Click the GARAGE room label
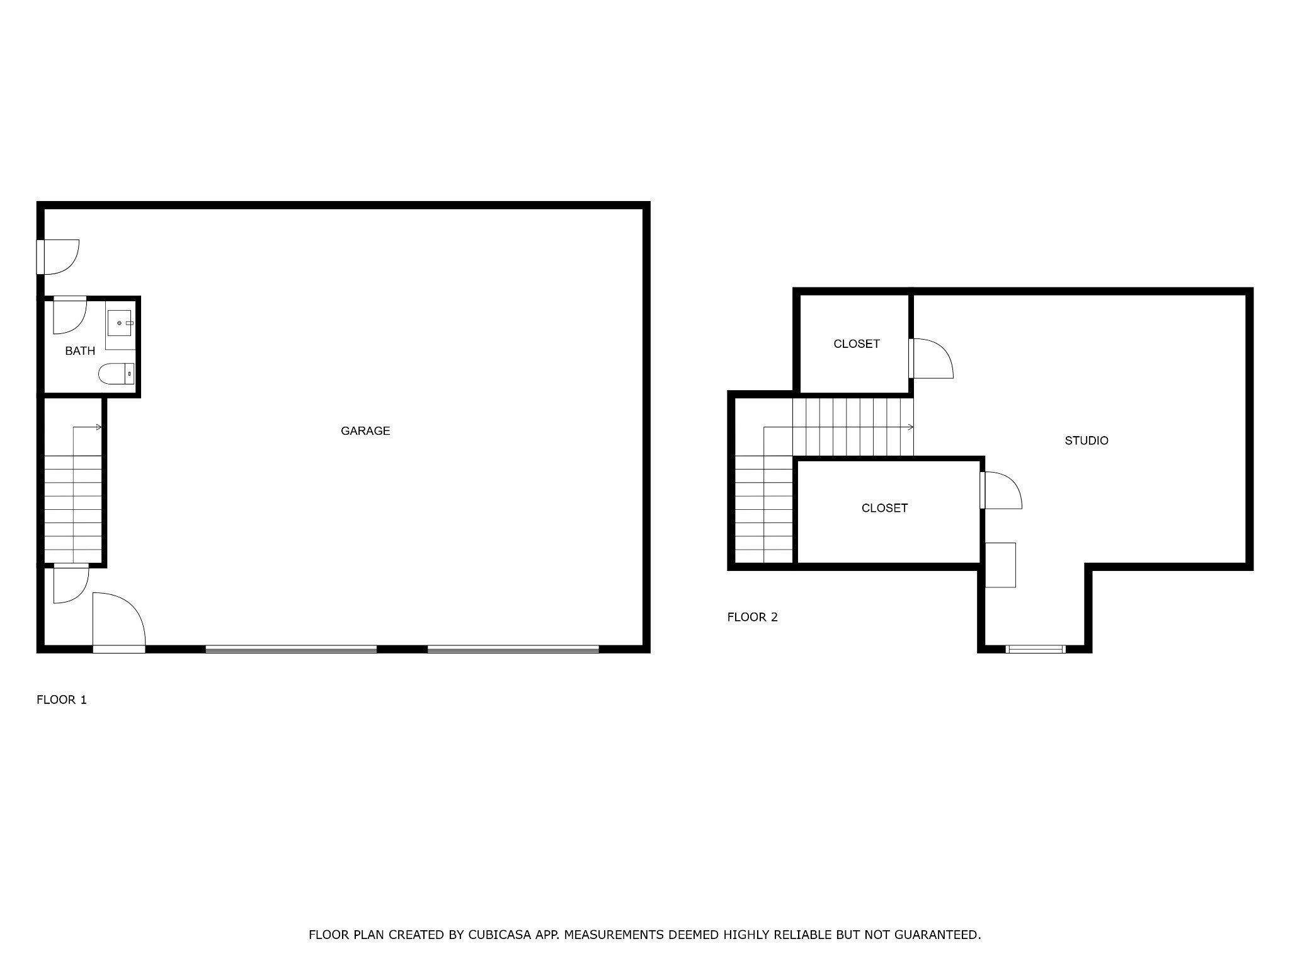[x=365, y=431]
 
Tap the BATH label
[x=80, y=351]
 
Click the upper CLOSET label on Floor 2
[x=856, y=344]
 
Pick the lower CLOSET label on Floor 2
[x=884, y=508]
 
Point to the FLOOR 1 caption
[x=62, y=700]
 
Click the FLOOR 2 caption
[x=752, y=617]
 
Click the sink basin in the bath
[x=119, y=323]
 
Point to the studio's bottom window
[x=1036, y=648]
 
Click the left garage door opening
[x=291, y=648]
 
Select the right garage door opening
[x=513, y=648]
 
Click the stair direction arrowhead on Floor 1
[x=99, y=427]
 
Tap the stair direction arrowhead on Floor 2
[x=911, y=427]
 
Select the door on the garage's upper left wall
[x=58, y=256]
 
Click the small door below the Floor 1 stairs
[x=69, y=585]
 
